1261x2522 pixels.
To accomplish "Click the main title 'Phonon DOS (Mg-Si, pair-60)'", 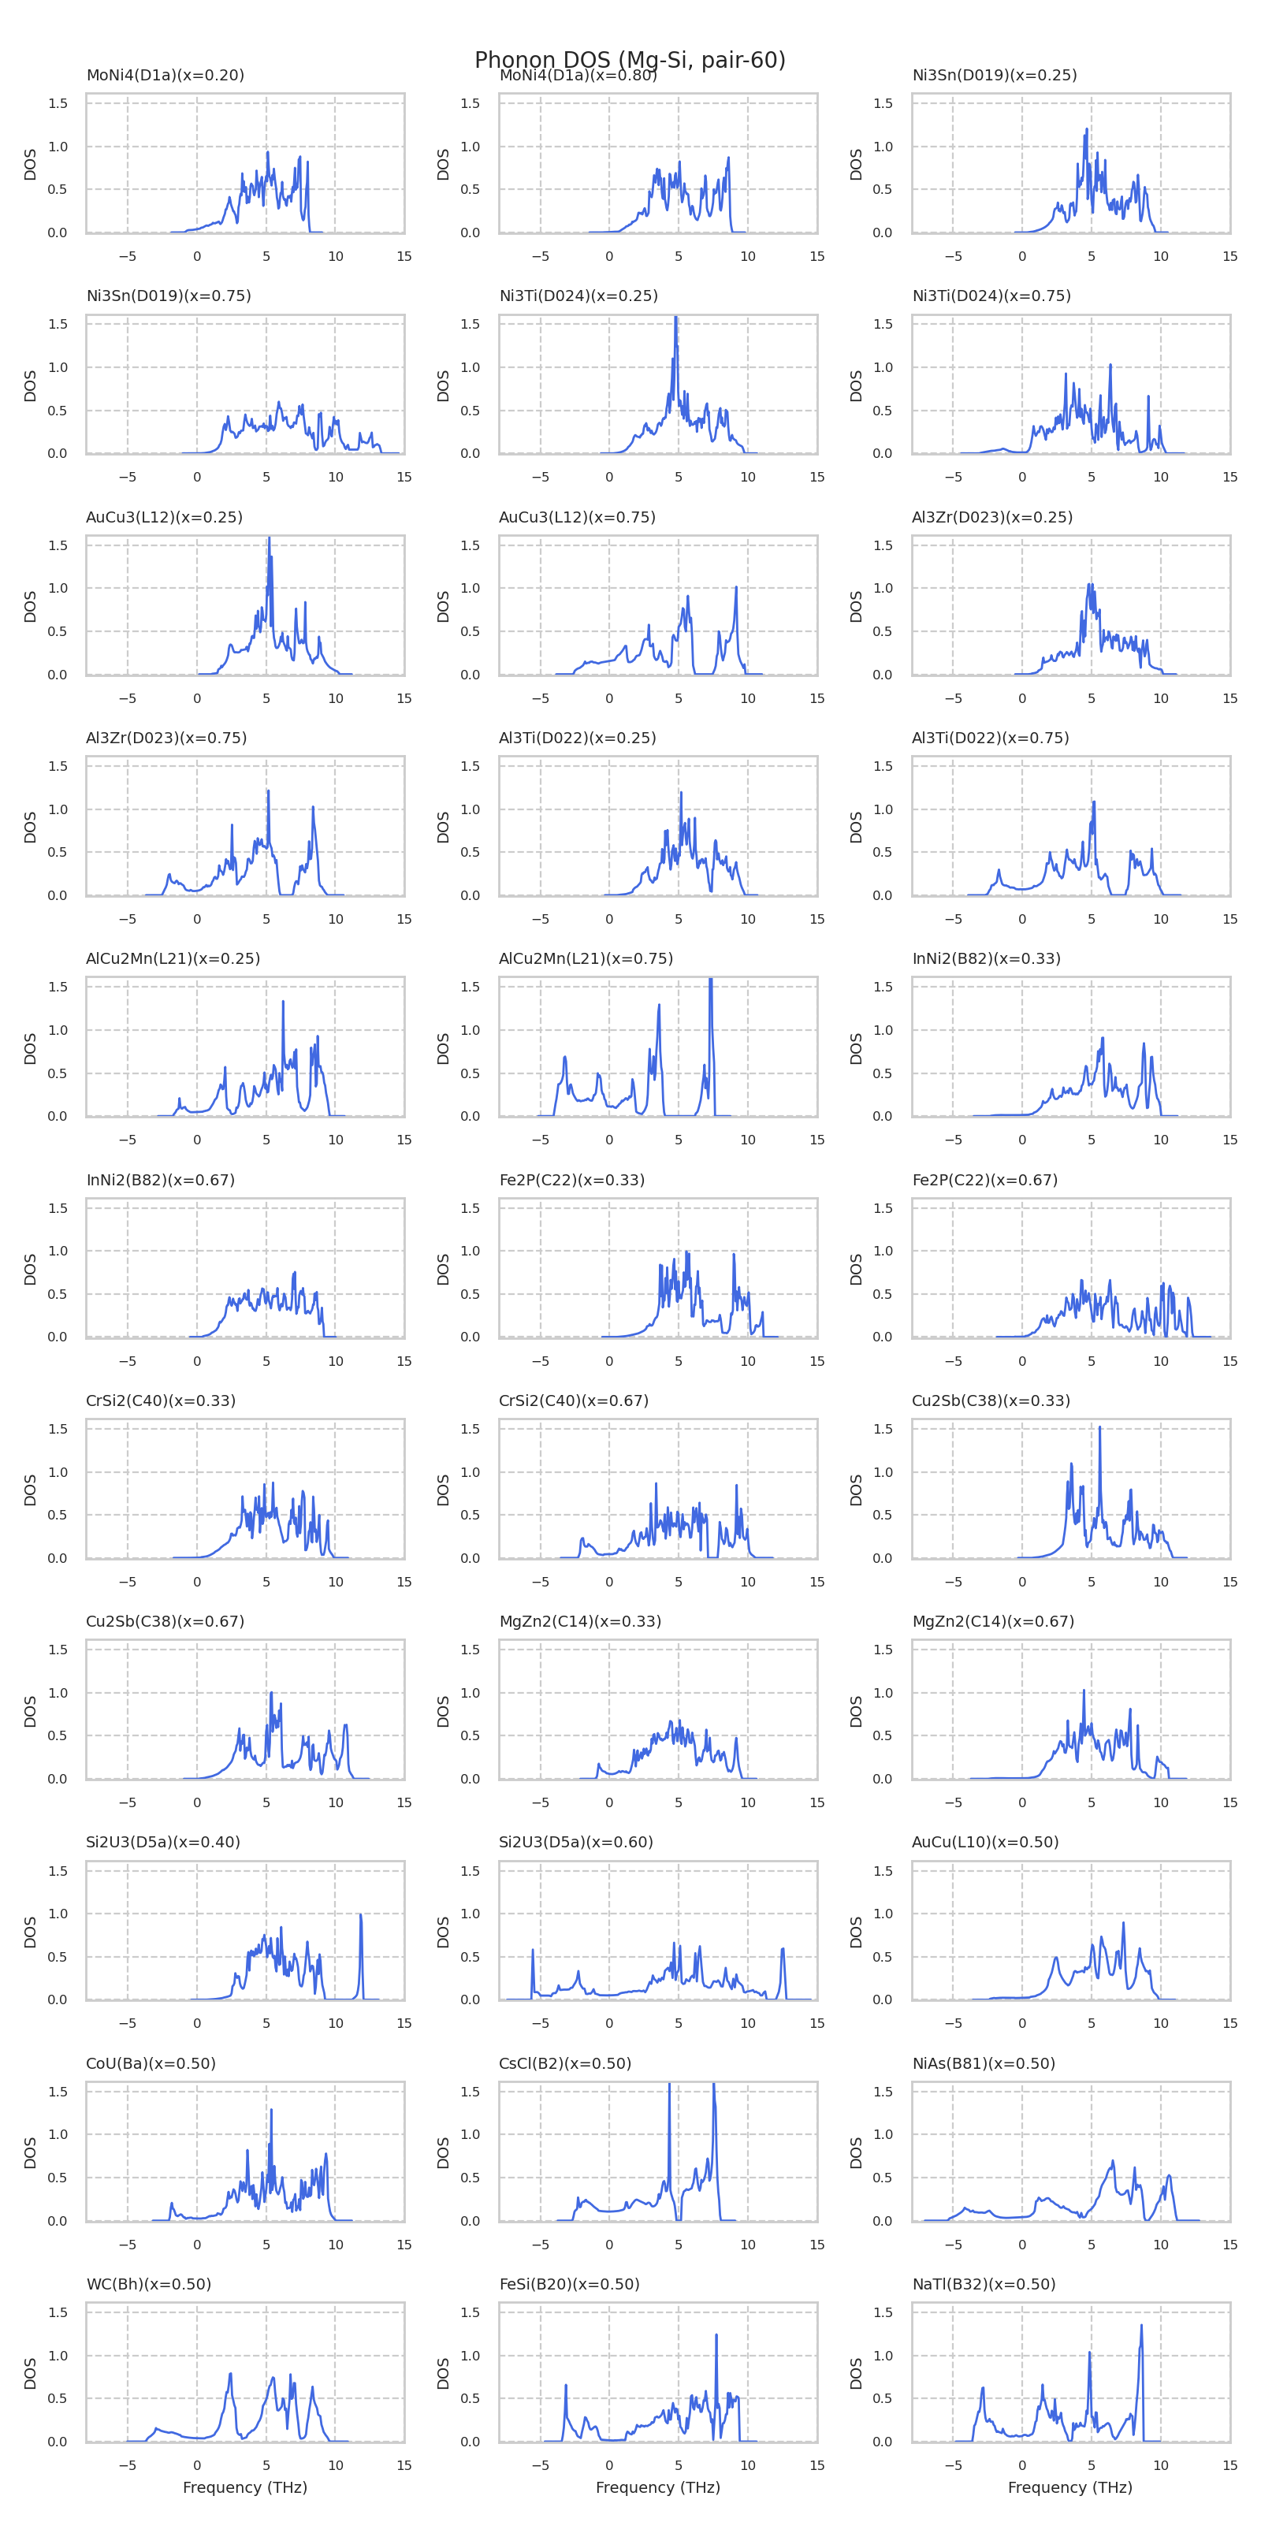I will pyautogui.click(x=630, y=60).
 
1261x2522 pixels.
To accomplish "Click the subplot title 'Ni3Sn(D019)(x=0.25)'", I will pyautogui.click(x=994, y=76).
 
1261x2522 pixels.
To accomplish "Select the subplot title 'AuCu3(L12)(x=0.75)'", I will pyautogui.click(x=577, y=517).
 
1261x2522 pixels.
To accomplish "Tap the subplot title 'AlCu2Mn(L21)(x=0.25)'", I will pyautogui.click(x=173, y=958).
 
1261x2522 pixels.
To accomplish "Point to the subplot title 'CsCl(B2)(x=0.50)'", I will pyautogui.click(x=565, y=2063).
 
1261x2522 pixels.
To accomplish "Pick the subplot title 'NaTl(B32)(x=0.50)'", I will pyautogui.click(x=983, y=2284).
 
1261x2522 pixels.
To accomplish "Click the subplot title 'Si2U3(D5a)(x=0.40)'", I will pyautogui.click(x=162, y=1842).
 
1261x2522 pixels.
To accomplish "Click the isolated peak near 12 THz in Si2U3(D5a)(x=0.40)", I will pyautogui.click(x=361, y=1916).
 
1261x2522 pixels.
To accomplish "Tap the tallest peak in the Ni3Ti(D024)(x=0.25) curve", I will pyautogui.click(x=675, y=318).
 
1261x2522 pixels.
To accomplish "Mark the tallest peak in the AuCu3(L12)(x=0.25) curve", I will pyautogui.click(x=270, y=538).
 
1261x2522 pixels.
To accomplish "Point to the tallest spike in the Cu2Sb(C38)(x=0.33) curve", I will pyautogui.click(x=1099, y=1427).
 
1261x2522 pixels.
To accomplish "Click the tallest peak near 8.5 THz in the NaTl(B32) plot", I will pyautogui.click(x=1140, y=2327).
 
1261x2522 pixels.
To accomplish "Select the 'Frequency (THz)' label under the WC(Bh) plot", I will pyautogui.click(x=245, y=2488).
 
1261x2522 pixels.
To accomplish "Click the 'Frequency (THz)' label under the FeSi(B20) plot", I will pyautogui.click(x=658, y=2488).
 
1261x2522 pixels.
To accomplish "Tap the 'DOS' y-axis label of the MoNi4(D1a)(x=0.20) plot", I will pyautogui.click(x=31, y=163).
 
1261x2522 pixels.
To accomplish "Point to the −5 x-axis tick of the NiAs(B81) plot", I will pyautogui.click(x=953, y=2244).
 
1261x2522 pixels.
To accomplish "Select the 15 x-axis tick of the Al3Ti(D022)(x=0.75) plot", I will pyautogui.click(x=1229, y=919).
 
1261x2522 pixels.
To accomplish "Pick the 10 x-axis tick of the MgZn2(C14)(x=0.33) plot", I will pyautogui.click(x=747, y=1802).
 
